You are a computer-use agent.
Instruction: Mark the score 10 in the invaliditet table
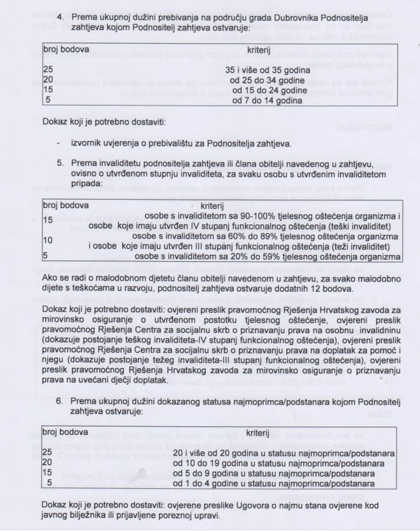[x=48, y=240]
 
